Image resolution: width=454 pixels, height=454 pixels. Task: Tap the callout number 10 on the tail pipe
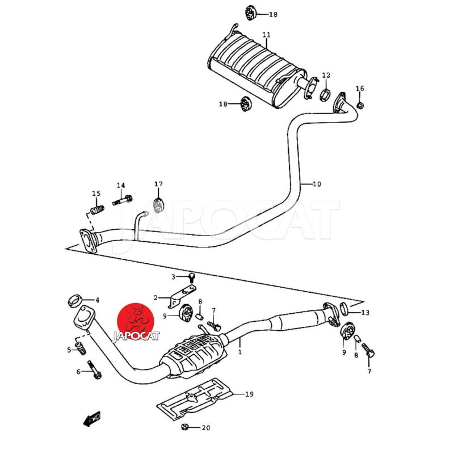[x=317, y=184]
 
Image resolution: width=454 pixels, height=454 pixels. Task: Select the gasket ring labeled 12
[x=326, y=94]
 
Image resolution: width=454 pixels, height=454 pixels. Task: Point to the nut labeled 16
[x=362, y=105]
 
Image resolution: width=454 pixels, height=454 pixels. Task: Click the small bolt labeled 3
[x=192, y=277]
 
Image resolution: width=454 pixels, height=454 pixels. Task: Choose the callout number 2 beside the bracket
[x=155, y=297]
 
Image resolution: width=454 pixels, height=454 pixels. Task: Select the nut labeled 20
[x=186, y=427]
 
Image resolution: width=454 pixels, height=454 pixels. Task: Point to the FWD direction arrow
[x=91, y=419]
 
